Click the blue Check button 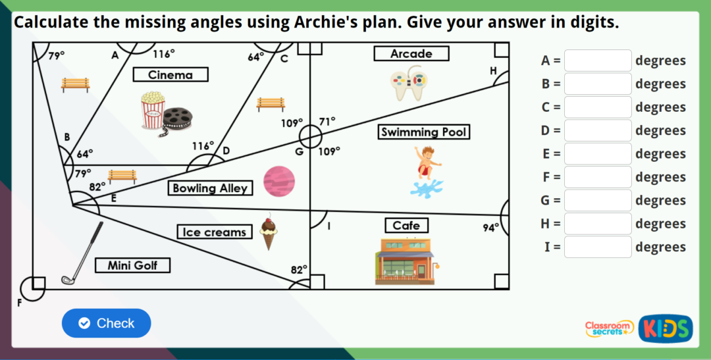[106, 323]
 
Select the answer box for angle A [597, 61]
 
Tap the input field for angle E [597, 153]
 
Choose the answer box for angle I [597, 247]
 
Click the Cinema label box [171, 74]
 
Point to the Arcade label [411, 53]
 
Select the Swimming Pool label [423, 132]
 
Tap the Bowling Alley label [210, 188]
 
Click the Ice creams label [215, 232]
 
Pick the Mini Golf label [132, 265]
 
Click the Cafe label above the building [406, 226]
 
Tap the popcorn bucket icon [153, 109]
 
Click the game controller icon [409, 84]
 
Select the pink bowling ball [279, 182]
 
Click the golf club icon [82, 253]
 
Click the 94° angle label [490, 228]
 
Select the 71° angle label [327, 121]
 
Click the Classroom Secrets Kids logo [638, 328]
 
